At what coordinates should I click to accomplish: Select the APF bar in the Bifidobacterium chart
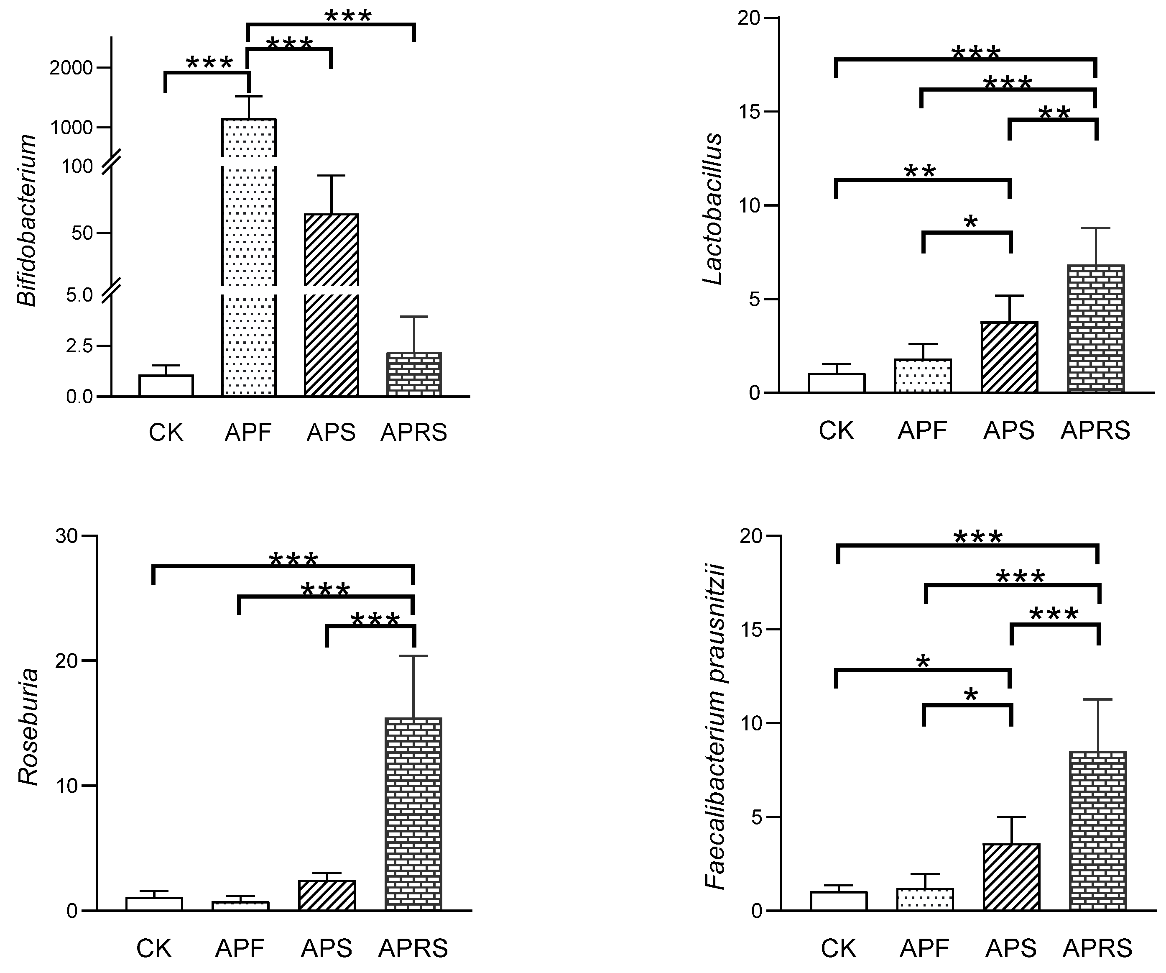click(x=249, y=250)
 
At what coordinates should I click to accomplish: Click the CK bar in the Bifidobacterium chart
click(x=166, y=386)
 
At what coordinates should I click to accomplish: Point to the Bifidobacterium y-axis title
click(x=27, y=220)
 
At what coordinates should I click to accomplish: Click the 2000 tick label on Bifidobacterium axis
click(x=71, y=68)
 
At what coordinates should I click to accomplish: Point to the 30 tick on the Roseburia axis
click(x=66, y=536)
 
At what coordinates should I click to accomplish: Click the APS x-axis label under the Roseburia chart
click(x=327, y=948)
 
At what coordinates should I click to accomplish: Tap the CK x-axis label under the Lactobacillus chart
click(x=836, y=430)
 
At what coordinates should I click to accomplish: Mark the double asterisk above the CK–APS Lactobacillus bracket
click(x=920, y=172)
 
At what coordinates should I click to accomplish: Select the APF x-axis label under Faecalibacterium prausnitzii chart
click(x=924, y=948)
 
